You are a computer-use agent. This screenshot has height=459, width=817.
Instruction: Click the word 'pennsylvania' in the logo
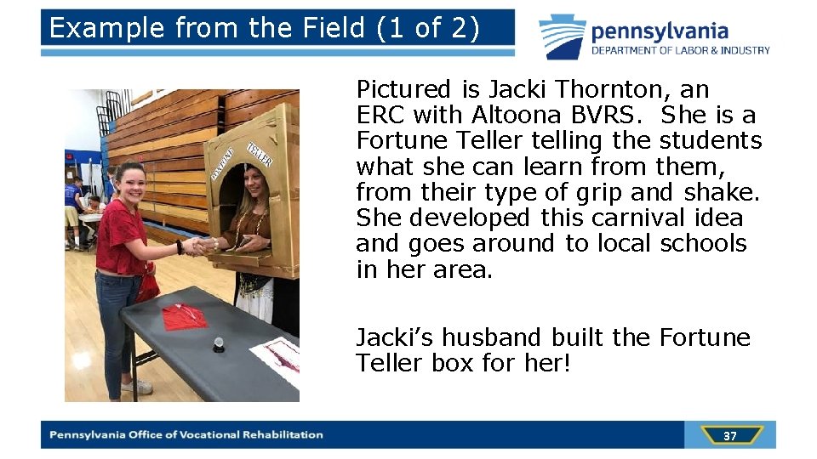[660, 31]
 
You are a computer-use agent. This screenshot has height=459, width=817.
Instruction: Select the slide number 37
[729, 436]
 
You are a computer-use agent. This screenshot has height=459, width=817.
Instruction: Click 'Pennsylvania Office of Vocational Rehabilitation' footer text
[186, 435]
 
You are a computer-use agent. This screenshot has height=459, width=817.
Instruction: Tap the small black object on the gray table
[218, 343]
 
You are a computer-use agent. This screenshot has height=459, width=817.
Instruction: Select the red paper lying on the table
[184, 317]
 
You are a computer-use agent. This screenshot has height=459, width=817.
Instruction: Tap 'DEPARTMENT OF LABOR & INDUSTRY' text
[681, 50]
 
